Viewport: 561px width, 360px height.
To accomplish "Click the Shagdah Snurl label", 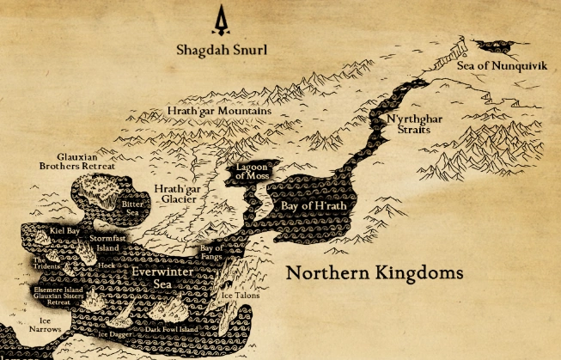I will click(222, 50).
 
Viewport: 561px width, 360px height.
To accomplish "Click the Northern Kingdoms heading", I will click(374, 274).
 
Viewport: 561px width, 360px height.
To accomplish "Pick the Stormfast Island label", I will click(107, 243).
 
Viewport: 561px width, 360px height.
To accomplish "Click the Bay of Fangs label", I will click(211, 253).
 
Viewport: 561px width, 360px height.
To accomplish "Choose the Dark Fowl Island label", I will click(171, 329).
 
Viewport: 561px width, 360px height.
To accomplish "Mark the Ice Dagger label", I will click(114, 334).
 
